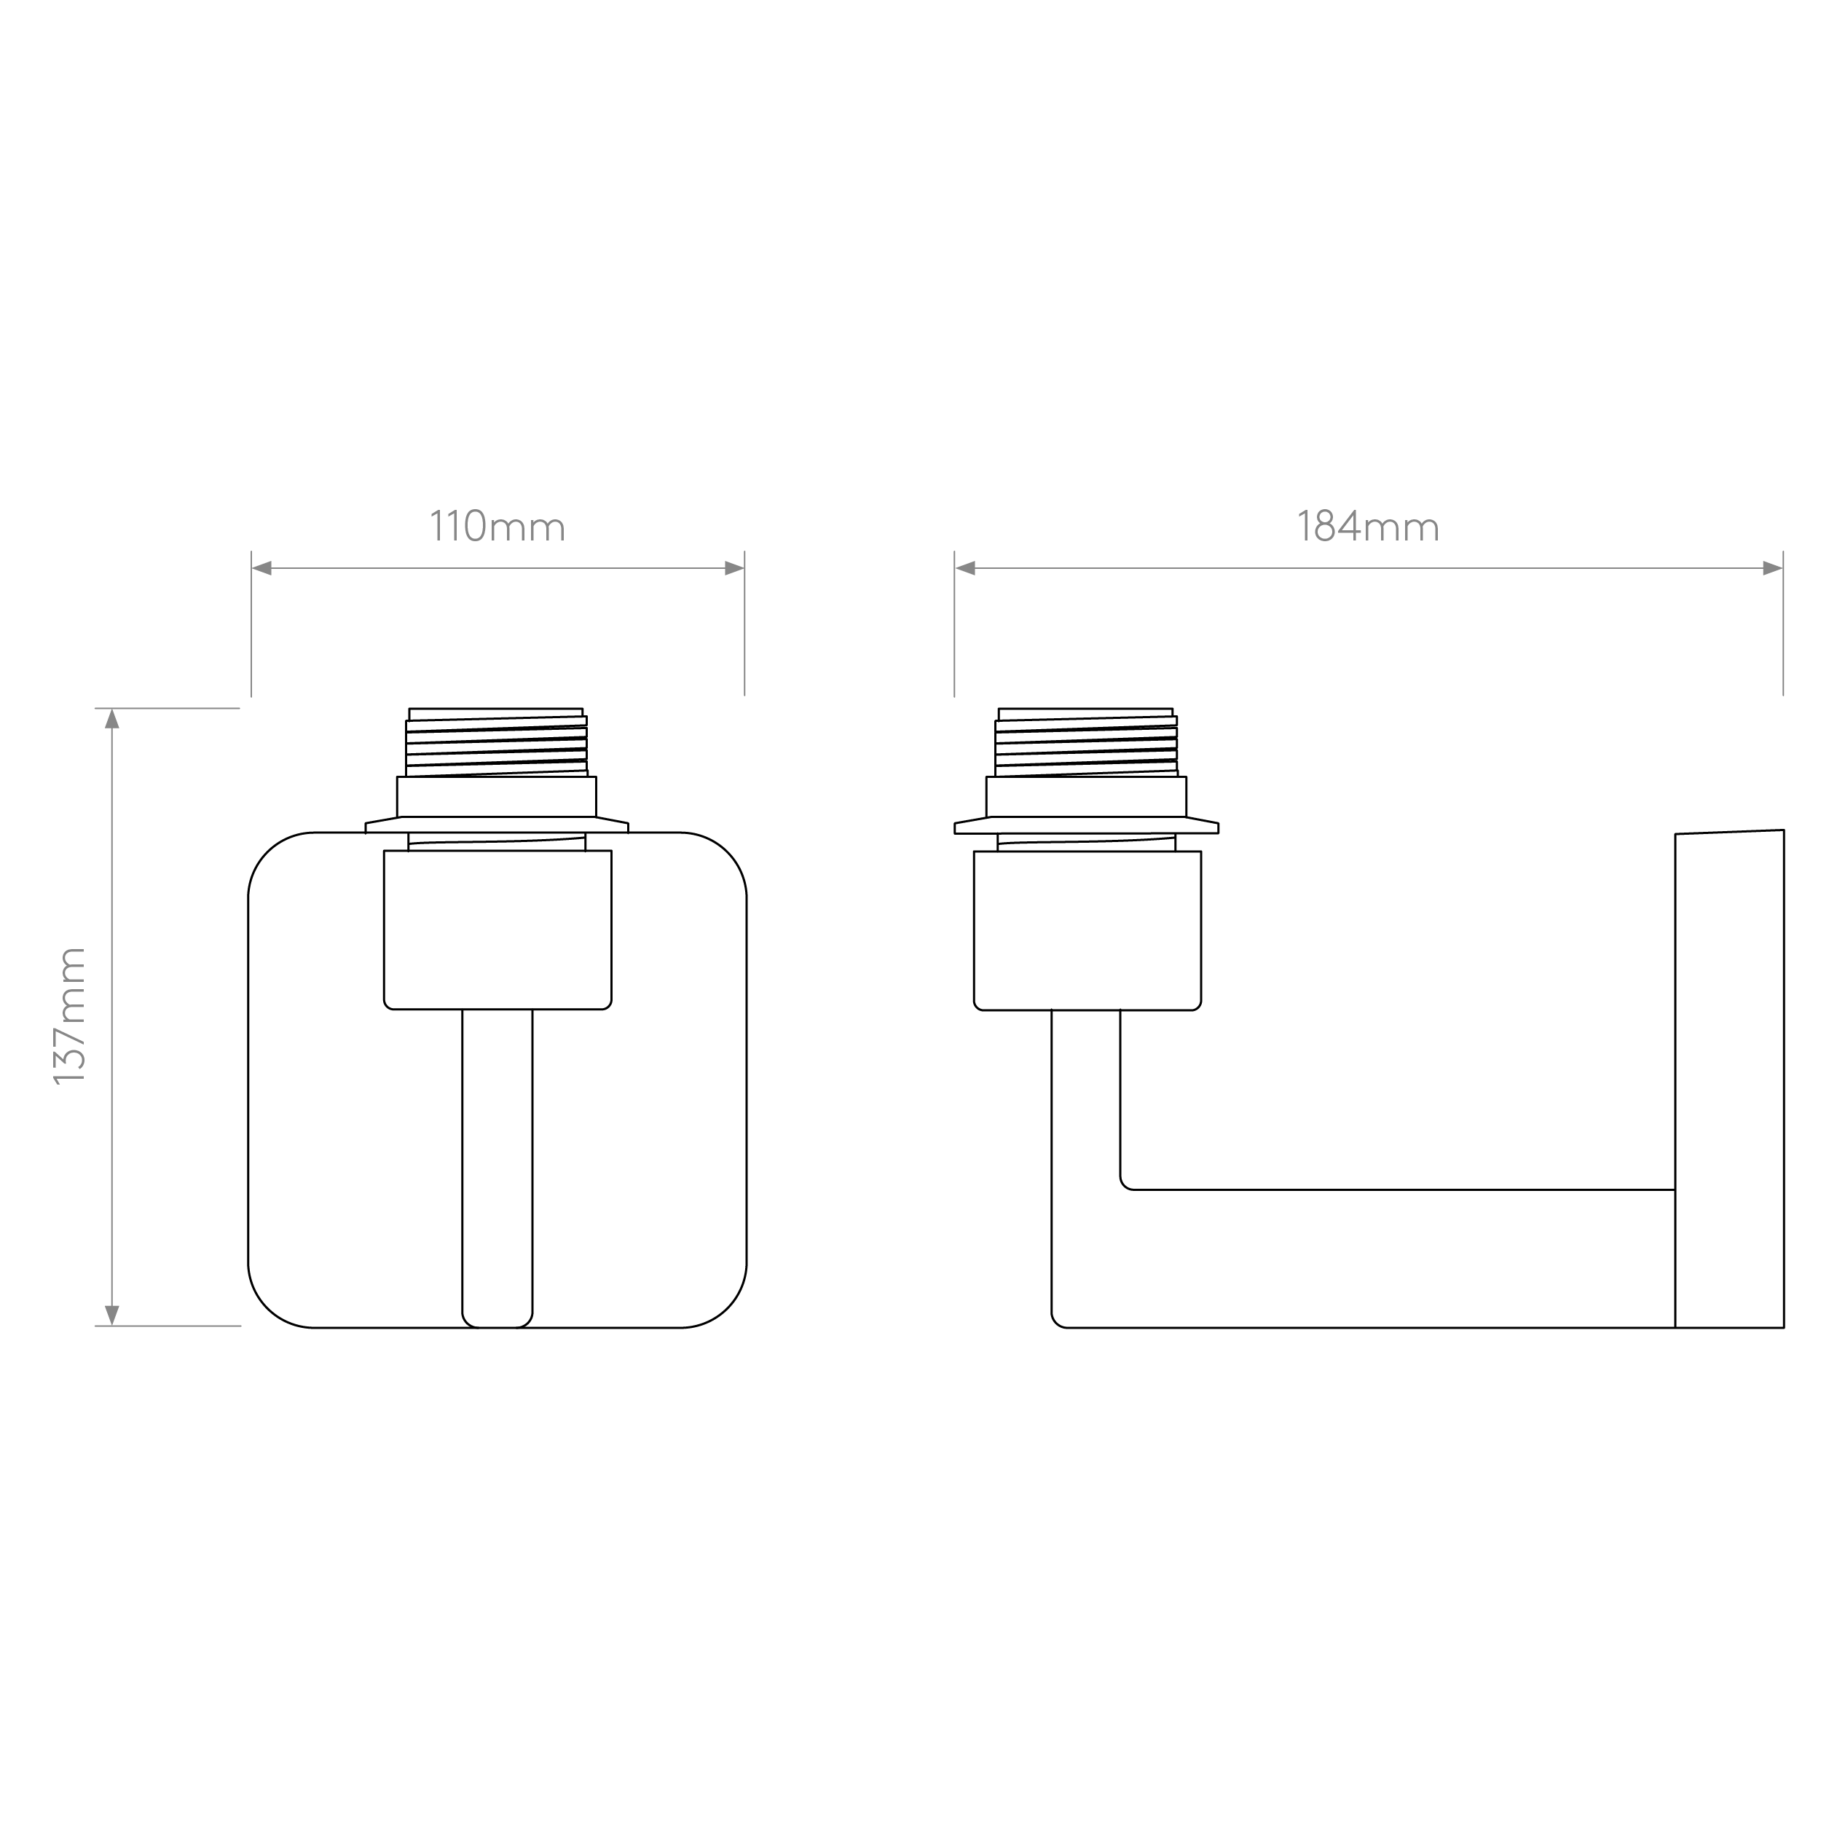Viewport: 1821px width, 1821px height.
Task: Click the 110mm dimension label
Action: click(x=497, y=526)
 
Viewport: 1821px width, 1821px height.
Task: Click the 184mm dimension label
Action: click(x=1369, y=526)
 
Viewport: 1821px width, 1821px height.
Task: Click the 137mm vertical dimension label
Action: click(x=70, y=1016)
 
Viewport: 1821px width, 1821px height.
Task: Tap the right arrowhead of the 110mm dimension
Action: click(x=734, y=568)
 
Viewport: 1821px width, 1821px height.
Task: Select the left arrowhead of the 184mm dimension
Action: click(x=965, y=568)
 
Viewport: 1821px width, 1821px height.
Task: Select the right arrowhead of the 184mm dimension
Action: click(x=1772, y=568)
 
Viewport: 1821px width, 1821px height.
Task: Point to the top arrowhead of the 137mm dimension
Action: click(x=111, y=719)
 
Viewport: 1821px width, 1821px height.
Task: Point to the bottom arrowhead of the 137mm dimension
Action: click(x=111, y=1315)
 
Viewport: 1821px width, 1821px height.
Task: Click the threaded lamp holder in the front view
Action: click(x=496, y=743)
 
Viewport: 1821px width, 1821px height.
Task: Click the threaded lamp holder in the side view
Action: click(x=1086, y=743)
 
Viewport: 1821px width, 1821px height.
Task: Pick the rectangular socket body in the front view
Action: click(x=497, y=930)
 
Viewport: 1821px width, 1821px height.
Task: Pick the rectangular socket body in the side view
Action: click(x=1088, y=931)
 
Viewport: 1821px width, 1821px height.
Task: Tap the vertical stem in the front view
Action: click(x=497, y=1169)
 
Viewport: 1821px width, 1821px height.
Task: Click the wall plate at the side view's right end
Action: click(x=1729, y=1079)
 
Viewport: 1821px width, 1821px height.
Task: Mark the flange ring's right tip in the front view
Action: click(x=629, y=827)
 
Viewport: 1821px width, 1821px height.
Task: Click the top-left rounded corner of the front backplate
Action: click(x=267, y=852)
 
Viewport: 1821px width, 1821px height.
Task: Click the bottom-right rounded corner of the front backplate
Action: click(x=728, y=1309)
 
